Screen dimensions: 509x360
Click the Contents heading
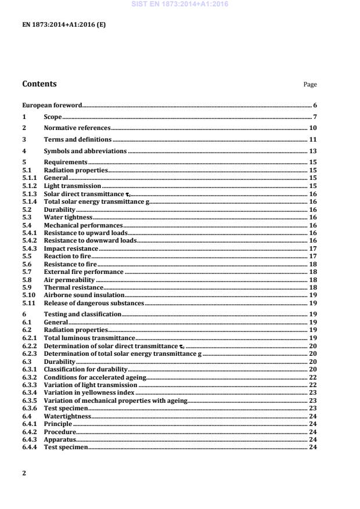coord(39,84)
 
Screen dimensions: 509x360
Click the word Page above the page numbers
coord(310,85)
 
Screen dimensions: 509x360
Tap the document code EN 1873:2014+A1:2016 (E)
coord(64,25)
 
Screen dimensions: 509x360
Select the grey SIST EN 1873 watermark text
coord(180,4)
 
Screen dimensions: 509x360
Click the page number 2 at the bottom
coord(24,472)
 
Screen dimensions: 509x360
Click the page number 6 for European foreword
coord(315,106)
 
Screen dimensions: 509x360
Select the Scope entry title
coord(53,117)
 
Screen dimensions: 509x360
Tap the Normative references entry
coord(77,128)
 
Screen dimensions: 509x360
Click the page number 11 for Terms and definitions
coord(312,139)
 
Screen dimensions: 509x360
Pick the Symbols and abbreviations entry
coord(85,151)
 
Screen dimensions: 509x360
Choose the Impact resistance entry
coord(71,248)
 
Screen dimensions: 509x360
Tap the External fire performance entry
coord(84,271)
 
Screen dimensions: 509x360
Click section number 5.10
coord(28,295)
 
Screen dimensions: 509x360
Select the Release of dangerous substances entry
coord(94,303)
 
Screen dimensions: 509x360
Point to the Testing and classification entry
coord(82,313)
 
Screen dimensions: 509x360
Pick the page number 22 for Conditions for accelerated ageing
coord(312,377)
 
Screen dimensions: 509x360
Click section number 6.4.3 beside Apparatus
coord(29,439)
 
